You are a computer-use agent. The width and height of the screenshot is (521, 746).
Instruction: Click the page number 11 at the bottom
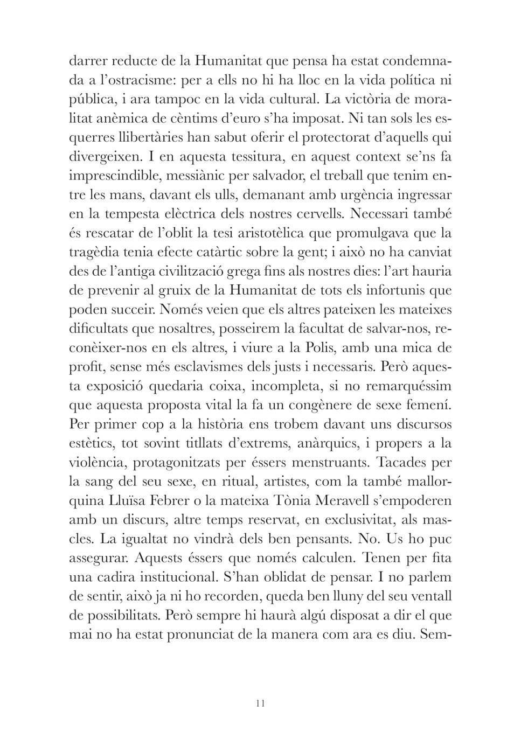(x=261, y=703)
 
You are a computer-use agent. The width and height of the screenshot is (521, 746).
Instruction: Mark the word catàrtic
(x=252, y=252)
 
